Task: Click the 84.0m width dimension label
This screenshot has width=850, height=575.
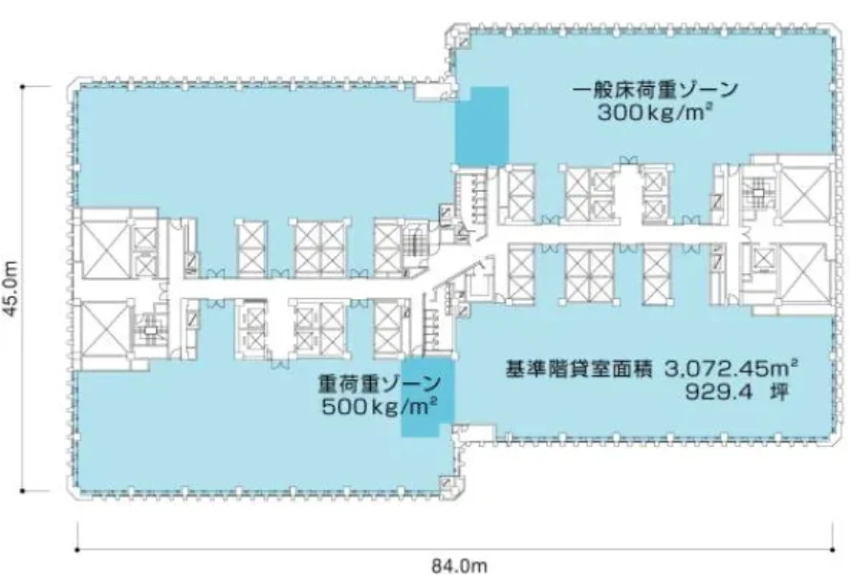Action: [x=459, y=565]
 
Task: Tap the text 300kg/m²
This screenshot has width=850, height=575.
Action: [x=655, y=112]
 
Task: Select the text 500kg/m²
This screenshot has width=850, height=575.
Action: [x=380, y=406]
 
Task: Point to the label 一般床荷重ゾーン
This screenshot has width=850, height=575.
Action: [x=655, y=89]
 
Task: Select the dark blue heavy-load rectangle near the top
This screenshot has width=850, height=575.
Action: [x=482, y=126]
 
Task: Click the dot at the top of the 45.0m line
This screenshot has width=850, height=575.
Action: [x=22, y=87]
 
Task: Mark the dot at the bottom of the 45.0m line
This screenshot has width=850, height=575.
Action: [x=22, y=491]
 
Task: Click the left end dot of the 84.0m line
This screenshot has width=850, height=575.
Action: [x=77, y=550]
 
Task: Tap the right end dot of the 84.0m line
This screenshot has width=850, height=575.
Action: [x=833, y=550]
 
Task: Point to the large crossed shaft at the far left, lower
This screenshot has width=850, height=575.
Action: [x=104, y=329]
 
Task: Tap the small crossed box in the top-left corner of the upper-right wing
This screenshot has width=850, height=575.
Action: [x=464, y=42]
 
